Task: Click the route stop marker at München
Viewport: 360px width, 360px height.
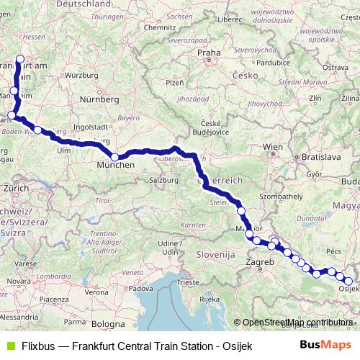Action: (x=114, y=157)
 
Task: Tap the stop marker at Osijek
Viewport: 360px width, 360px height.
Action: (x=348, y=282)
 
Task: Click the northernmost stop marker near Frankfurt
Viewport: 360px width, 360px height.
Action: (x=19, y=60)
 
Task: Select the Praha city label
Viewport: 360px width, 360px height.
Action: (x=209, y=53)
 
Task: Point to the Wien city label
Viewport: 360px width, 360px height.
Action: (x=272, y=146)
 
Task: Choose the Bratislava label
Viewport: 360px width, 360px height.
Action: (x=321, y=155)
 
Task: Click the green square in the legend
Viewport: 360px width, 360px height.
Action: (x=9, y=346)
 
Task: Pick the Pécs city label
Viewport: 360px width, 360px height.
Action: (x=333, y=251)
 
